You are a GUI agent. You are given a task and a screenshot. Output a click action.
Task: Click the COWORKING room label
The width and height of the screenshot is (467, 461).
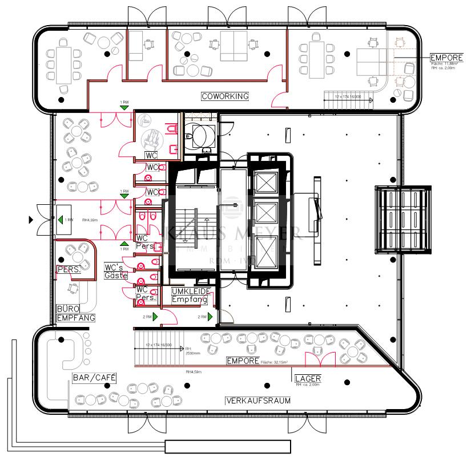(225, 96)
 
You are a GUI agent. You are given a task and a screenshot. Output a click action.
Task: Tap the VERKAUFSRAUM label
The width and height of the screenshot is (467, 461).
(258, 401)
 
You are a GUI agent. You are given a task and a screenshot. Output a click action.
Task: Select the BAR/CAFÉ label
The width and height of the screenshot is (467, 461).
(94, 378)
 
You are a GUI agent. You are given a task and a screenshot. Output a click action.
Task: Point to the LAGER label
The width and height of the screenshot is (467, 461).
(307, 378)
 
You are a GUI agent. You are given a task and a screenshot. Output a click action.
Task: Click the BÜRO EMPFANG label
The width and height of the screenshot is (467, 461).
(75, 313)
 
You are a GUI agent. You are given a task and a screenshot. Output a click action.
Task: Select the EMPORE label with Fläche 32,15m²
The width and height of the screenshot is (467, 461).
(243, 361)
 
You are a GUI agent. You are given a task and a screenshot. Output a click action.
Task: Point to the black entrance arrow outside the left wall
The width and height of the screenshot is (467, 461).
(31, 219)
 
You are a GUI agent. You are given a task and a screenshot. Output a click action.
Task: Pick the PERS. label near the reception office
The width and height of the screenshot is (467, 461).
(67, 268)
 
